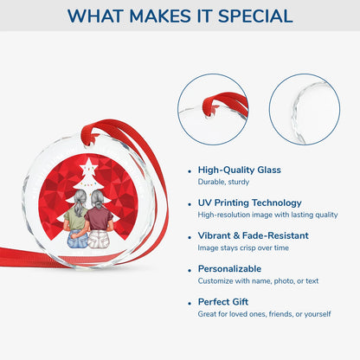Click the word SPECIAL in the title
point(255,16)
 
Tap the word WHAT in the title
point(95,16)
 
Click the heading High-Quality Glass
point(240,170)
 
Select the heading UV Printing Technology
point(250,202)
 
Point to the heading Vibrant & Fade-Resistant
point(254,235)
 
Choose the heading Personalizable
point(229,269)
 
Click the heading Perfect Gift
point(223,302)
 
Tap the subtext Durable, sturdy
point(223,182)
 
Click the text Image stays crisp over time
point(243,247)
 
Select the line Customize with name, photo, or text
point(258,281)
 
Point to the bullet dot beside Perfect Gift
point(190,303)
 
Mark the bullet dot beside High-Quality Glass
point(190,171)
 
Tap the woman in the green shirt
point(77,219)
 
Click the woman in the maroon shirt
point(99,219)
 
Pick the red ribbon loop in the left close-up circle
point(225,104)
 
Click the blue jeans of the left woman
point(78,239)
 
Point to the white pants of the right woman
point(99,240)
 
